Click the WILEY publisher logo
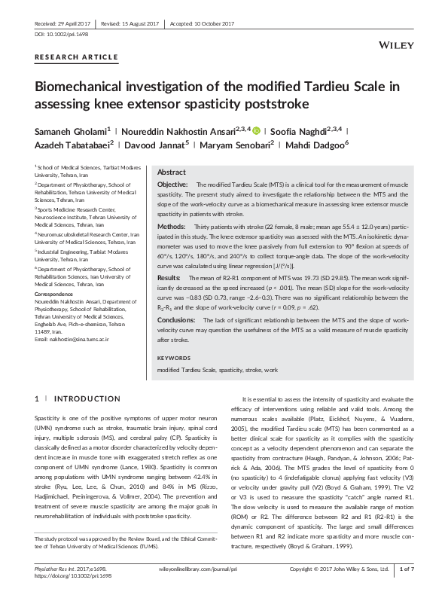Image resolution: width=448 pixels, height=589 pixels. pos(398,46)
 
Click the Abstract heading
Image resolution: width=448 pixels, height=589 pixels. pos(171,172)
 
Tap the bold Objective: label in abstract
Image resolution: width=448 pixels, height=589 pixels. pos(172,185)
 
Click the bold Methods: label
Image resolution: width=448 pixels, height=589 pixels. pos(171,226)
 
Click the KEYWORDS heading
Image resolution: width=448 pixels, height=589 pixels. pos(174,358)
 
